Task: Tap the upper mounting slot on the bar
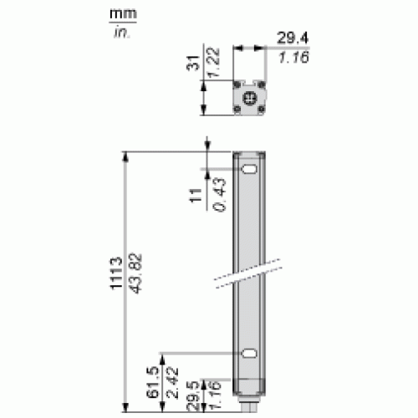click(249, 172)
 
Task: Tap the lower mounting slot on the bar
click(249, 354)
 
